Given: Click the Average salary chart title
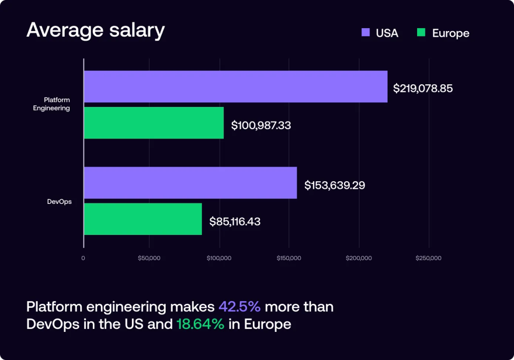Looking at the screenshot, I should click(95, 31).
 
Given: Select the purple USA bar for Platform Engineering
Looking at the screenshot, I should click(235, 86).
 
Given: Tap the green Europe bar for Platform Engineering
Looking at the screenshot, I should click(154, 123).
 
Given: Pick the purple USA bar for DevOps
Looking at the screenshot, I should click(190, 183).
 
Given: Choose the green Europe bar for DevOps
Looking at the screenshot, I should click(143, 219).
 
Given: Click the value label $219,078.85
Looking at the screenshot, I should click(423, 88).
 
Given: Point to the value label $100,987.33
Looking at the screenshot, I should click(261, 125).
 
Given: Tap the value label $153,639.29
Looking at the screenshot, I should click(334, 185).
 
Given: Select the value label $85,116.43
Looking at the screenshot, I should click(235, 221).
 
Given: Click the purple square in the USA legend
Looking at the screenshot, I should click(366, 33).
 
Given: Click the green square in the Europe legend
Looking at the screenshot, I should click(421, 33).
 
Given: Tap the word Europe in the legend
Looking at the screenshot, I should click(450, 33).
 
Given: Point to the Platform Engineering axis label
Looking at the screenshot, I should click(56, 104).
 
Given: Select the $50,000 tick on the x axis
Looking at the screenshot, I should click(149, 258).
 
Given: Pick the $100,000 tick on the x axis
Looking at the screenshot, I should click(219, 258).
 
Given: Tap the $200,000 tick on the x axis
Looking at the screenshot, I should click(359, 258).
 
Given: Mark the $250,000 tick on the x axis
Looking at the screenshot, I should click(429, 258).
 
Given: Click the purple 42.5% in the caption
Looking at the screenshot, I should click(239, 306).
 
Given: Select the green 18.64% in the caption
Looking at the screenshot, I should click(200, 324).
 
